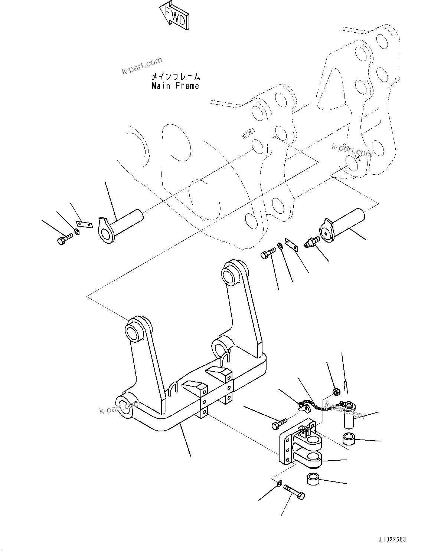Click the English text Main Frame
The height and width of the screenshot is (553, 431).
(175, 86)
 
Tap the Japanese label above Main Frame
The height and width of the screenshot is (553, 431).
(175, 77)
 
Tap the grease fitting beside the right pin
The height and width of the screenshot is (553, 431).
(309, 242)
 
